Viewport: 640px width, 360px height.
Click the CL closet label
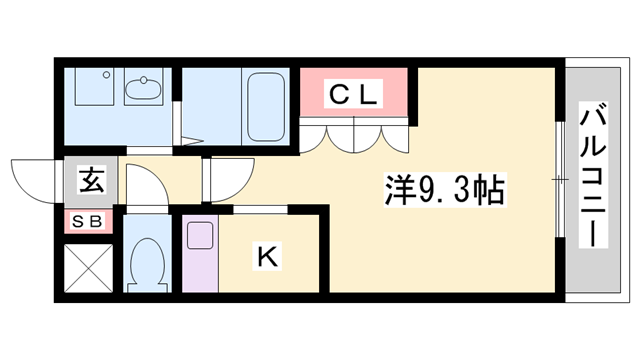pos(354,95)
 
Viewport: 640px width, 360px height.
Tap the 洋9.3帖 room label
pos(444,187)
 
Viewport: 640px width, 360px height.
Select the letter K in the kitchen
pos(267,256)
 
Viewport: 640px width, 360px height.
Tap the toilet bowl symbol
pos(151,262)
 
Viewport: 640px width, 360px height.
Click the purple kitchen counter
pos(199,260)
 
